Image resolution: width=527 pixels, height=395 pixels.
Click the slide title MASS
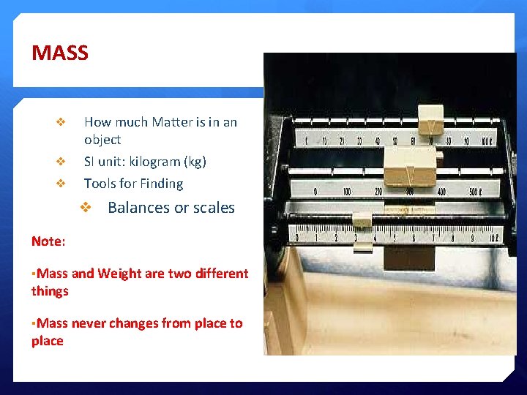tap(60, 53)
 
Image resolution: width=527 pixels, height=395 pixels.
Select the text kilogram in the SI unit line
tap(154, 162)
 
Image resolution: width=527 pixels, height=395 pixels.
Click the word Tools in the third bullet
tap(100, 184)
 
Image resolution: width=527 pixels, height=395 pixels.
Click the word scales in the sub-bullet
tap(212, 208)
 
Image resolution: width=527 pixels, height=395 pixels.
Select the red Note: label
tap(48, 241)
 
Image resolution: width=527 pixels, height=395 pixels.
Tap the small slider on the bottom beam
tap(362, 222)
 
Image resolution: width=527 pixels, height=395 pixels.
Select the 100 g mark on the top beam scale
tap(485, 140)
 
